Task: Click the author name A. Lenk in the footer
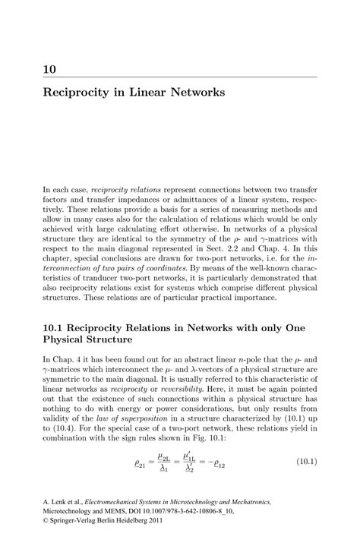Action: pyautogui.click(x=54, y=502)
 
